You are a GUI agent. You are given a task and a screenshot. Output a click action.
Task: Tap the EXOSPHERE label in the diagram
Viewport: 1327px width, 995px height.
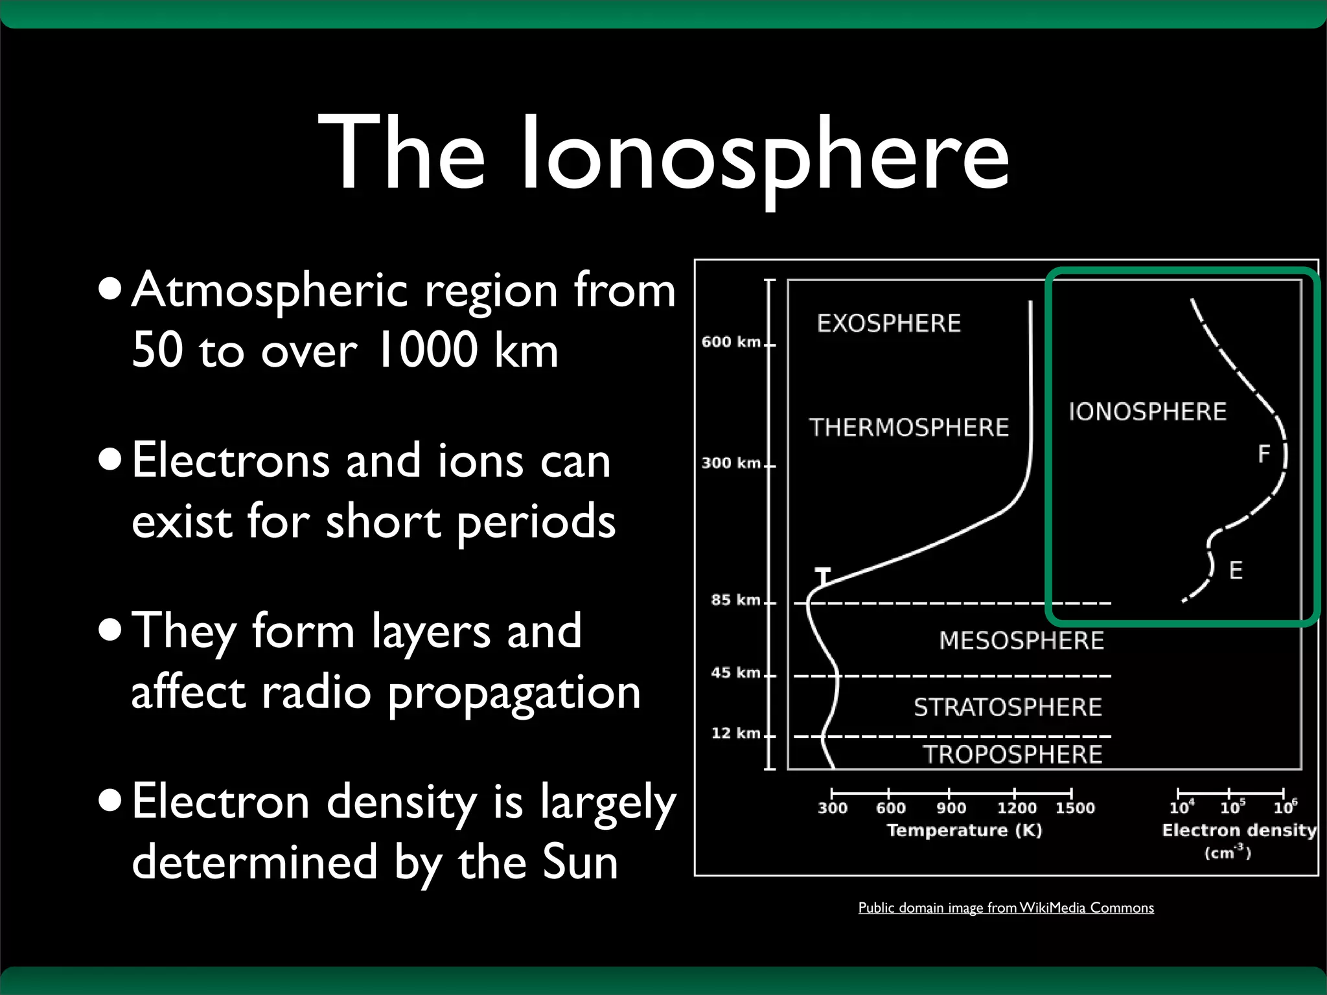(x=888, y=323)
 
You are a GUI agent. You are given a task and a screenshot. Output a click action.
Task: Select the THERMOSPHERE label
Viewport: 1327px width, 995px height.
(x=908, y=428)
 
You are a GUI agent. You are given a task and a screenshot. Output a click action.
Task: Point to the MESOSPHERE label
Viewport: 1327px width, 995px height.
(x=1021, y=641)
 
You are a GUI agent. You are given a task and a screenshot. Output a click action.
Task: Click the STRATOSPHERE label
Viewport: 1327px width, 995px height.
(x=1008, y=707)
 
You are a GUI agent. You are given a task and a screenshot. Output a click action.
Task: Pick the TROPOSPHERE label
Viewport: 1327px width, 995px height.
(x=1012, y=755)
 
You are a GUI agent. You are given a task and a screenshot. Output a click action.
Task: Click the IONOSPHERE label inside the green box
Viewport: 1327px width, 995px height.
(x=1147, y=412)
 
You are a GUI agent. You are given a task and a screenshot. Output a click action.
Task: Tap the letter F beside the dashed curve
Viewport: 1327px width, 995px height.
(x=1264, y=454)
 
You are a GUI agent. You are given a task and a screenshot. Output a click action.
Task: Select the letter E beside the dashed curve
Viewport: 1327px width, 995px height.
(x=1236, y=571)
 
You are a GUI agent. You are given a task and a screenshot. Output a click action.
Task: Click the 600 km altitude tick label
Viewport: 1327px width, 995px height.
(x=731, y=342)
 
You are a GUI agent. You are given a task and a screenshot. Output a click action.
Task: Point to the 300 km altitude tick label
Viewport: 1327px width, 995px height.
(x=731, y=463)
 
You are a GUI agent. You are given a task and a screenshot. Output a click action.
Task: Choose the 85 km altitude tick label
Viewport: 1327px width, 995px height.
(x=735, y=600)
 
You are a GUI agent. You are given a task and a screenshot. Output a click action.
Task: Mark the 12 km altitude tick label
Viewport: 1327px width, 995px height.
(x=735, y=733)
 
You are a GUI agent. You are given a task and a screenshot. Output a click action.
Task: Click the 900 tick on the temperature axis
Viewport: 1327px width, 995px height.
(x=951, y=808)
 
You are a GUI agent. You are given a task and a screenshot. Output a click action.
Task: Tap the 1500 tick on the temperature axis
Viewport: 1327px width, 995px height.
(x=1075, y=808)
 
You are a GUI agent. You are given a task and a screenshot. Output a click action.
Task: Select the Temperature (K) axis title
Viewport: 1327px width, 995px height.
(x=964, y=830)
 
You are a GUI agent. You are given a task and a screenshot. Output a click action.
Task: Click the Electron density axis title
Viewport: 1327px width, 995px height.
(x=1239, y=830)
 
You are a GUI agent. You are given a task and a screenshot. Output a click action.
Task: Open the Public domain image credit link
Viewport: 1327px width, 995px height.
(x=1006, y=908)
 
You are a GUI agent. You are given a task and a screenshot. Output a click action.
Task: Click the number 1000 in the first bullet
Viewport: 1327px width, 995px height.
(x=427, y=350)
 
